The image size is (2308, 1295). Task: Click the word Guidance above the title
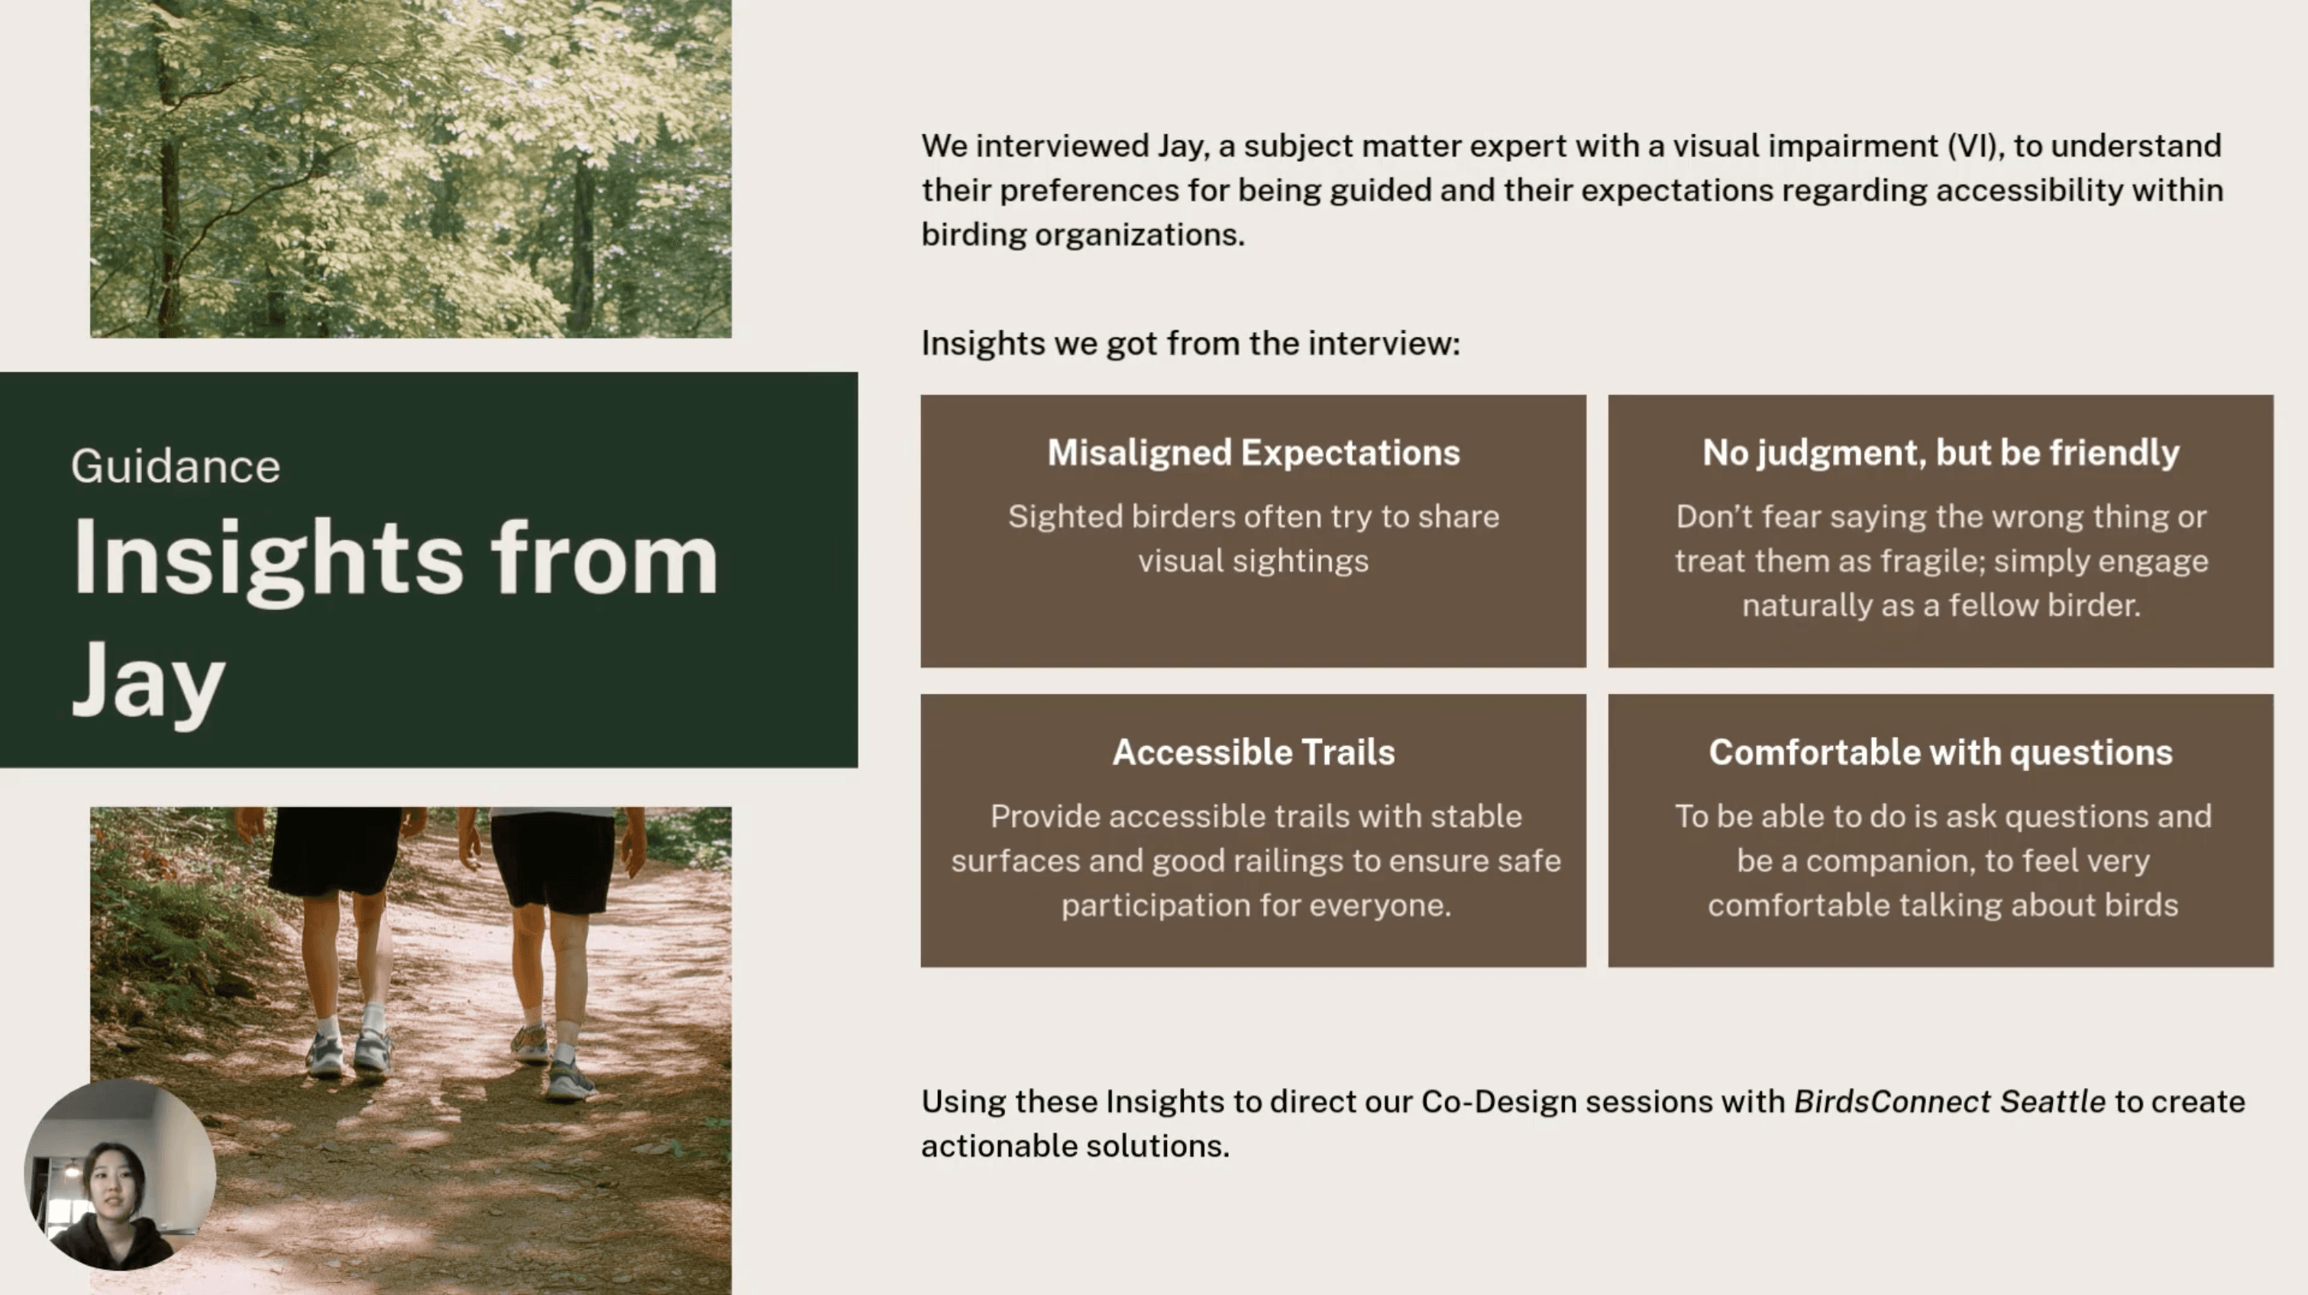(176, 467)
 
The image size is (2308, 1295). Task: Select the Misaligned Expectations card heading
(1253, 453)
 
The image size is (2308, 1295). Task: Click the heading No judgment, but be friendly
(1941, 453)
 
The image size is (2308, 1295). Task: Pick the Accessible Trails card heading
(1253, 752)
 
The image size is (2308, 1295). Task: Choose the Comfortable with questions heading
(1941, 752)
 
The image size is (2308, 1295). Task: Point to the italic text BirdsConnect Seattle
(1950, 1102)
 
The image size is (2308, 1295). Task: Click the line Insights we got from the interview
(1190, 344)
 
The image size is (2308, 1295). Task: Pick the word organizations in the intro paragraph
(1139, 235)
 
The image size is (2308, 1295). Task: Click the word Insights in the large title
(267, 560)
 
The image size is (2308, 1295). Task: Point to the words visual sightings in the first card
(1253, 561)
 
